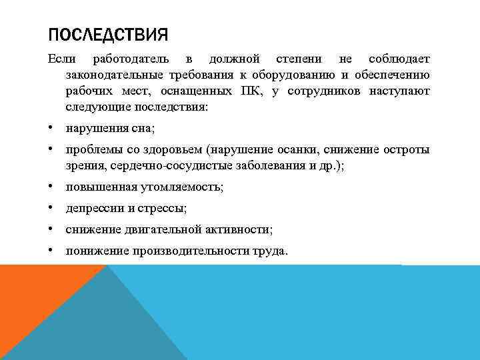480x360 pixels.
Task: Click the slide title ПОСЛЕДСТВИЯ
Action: [x=108, y=34]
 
